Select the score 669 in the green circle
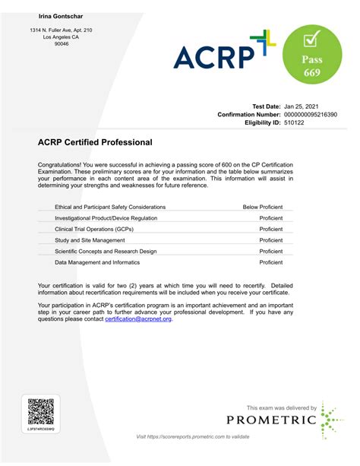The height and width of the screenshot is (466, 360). coord(311,73)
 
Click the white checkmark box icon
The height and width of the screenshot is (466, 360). coord(311,37)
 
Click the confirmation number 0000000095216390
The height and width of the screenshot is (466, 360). coord(310,115)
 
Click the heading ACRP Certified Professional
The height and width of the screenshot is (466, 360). coord(95,142)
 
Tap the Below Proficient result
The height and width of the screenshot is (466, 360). coord(262,207)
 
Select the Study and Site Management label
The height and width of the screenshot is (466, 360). coord(90,240)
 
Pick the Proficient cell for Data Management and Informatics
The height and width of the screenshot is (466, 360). coord(270,262)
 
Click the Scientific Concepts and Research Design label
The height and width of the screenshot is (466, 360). coord(106,251)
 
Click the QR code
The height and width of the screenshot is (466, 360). coord(41,411)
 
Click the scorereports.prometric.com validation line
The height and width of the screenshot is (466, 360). coord(192,436)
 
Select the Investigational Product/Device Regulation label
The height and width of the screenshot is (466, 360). coord(106,218)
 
